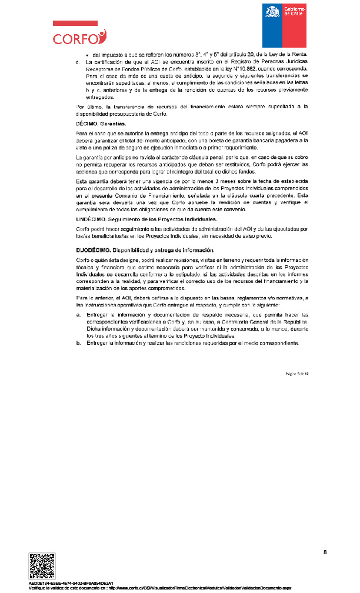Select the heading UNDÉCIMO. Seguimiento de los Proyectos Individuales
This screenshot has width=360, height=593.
tap(146, 218)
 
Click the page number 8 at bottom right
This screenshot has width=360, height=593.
tap(325, 552)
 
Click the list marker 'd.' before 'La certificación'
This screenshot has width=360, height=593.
tap(78, 62)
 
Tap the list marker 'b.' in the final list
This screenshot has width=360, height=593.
tap(79, 342)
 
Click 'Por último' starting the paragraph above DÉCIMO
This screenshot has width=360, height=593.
tap(88, 106)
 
